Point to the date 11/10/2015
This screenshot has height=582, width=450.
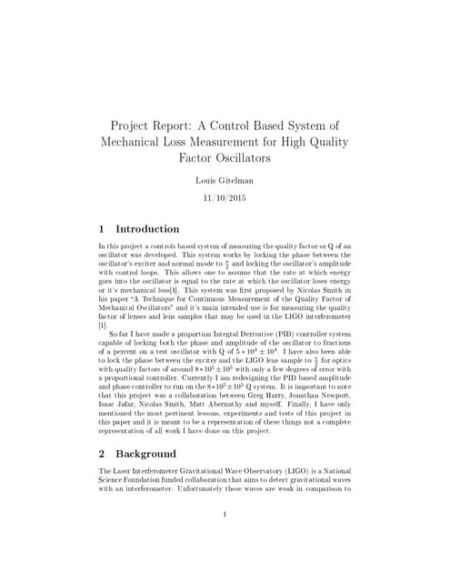(x=225, y=197)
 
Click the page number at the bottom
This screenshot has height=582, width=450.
(x=225, y=514)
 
